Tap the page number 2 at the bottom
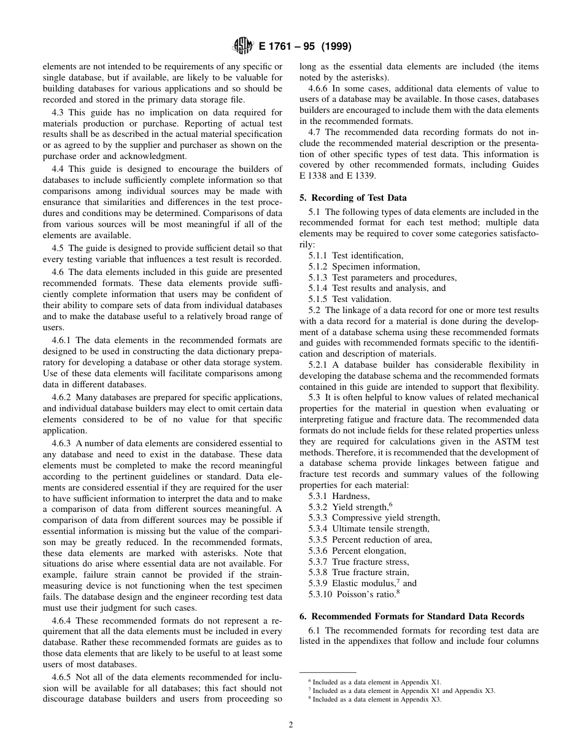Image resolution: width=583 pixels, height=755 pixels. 291,724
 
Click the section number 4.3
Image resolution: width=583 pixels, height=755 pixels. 60,112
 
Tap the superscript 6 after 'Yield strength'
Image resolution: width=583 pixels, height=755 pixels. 390,504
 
